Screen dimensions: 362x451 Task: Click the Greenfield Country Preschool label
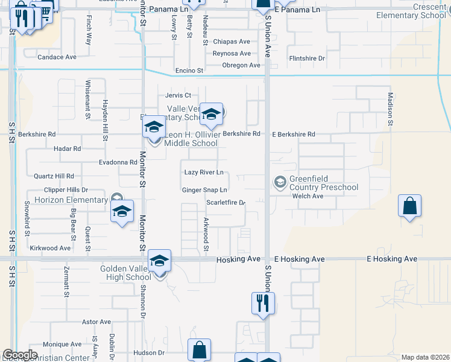tap(323, 183)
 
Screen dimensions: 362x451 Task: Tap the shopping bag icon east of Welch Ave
tap(409, 206)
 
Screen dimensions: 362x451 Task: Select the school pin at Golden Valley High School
tap(160, 261)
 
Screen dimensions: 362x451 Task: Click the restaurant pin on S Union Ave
tap(263, 303)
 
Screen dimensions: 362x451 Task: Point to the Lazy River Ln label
tap(204, 173)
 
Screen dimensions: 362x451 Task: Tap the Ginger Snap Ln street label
tap(204, 190)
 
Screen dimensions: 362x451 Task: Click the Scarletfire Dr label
tap(225, 203)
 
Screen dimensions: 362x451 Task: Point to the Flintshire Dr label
tap(307, 59)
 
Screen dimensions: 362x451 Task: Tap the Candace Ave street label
tap(57, 57)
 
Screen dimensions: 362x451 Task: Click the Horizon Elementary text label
tap(70, 200)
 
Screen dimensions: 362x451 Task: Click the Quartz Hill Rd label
tap(54, 176)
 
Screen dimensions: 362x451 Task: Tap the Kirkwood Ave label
tap(50, 248)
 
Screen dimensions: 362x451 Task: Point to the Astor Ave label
tap(97, 322)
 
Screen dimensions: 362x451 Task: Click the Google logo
tap(20, 355)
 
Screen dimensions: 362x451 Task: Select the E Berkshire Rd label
tap(294, 135)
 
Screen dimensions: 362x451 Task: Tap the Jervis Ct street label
tap(178, 95)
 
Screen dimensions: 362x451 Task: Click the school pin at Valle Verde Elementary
tap(211, 114)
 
